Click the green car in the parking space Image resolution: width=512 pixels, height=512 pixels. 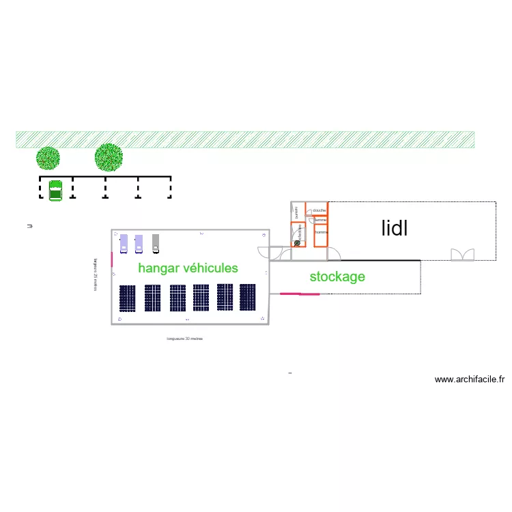tap(55, 190)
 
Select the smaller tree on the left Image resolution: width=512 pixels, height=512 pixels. tap(48, 158)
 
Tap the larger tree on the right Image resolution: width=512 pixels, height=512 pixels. tap(109, 157)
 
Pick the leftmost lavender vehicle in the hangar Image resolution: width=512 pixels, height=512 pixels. tap(124, 244)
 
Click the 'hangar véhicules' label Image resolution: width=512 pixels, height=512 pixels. tap(188, 268)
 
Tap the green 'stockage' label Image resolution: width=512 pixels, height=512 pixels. tap(337, 276)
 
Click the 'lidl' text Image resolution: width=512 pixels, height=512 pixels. tap(395, 228)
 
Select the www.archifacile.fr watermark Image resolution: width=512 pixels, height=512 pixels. tap(470, 380)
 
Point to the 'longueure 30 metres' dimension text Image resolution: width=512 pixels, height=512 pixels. tap(185, 339)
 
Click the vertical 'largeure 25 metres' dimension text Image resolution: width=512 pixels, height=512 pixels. tap(95, 274)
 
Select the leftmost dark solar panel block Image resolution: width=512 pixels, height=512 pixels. tap(128, 298)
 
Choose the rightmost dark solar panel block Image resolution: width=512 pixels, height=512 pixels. tap(247, 298)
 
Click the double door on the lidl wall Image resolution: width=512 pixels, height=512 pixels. tap(461, 255)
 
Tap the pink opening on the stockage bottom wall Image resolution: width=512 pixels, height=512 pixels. tap(300, 294)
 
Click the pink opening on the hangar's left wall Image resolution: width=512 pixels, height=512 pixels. tap(112, 242)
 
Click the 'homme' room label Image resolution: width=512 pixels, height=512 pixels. tap(321, 232)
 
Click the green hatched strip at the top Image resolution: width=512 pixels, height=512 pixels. tap(245, 139)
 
